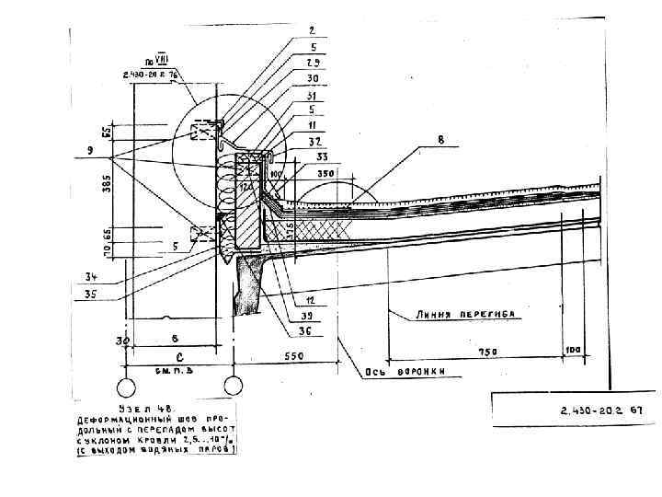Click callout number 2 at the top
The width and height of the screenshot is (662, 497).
(x=314, y=30)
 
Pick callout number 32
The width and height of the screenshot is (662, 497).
(x=314, y=143)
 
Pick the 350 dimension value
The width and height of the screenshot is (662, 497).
(x=324, y=172)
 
